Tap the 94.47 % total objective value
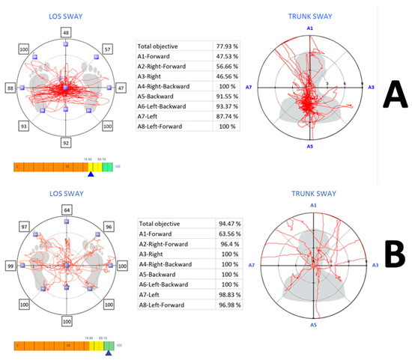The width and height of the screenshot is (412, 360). [228, 222]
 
